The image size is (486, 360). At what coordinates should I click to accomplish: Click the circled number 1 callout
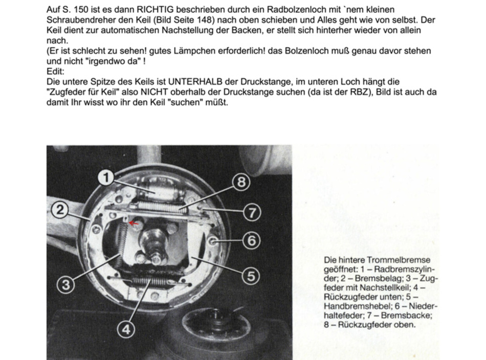[x=106, y=177]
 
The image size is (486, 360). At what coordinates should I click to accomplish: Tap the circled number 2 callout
[x=60, y=210]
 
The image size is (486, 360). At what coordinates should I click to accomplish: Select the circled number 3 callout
[x=65, y=284]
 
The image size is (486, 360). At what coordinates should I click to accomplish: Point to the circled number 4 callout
[x=126, y=330]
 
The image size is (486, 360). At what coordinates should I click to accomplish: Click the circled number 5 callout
[x=251, y=275]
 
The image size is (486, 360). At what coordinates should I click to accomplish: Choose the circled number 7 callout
[x=251, y=212]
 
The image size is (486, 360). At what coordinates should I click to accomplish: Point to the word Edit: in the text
[x=55, y=72]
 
